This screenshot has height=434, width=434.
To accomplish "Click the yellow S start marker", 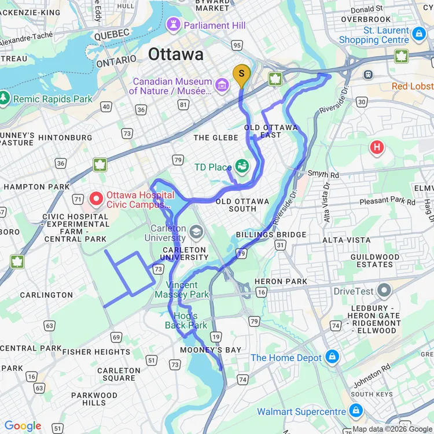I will (242, 74).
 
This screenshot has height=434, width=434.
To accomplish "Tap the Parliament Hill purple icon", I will (172, 25).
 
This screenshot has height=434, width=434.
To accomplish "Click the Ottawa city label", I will (176, 54).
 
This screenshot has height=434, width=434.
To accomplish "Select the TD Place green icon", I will (242, 167).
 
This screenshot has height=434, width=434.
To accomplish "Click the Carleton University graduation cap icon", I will (196, 232).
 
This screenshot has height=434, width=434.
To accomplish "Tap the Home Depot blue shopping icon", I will (332, 357).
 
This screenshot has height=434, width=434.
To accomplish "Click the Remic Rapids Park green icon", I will (5, 98).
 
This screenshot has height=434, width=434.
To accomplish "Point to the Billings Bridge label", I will (271, 234).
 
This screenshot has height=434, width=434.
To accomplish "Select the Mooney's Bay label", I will (210, 350).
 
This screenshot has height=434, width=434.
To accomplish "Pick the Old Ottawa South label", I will (242, 205).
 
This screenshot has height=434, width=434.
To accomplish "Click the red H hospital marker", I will (377, 148).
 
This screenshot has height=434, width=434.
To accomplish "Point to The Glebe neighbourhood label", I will (215, 137).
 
